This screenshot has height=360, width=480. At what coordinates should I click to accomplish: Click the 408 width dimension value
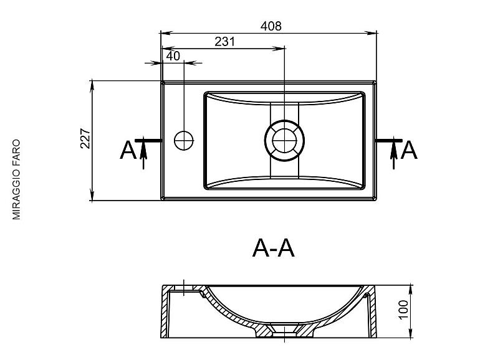click(271, 26)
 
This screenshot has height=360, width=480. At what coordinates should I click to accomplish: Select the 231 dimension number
click(224, 41)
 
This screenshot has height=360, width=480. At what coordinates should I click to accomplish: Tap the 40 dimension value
click(173, 56)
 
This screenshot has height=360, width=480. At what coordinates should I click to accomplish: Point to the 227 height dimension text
click(85, 139)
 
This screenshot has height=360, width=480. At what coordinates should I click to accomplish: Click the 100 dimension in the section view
click(403, 310)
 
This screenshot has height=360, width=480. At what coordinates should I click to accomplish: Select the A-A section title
click(274, 249)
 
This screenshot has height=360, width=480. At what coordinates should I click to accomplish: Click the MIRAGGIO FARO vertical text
click(16, 179)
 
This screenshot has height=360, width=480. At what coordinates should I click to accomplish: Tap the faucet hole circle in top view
click(184, 140)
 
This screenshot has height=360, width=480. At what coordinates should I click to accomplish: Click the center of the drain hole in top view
click(284, 140)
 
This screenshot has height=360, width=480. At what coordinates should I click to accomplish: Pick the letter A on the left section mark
click(128, 150)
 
